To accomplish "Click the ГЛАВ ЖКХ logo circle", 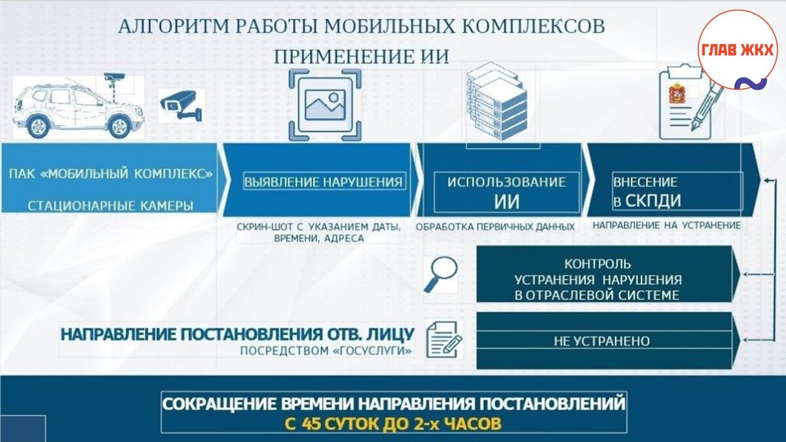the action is pos(737,50).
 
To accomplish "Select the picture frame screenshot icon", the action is pos(325,105).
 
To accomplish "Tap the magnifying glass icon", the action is pos(440,274).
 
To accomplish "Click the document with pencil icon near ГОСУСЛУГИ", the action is pos(444,339).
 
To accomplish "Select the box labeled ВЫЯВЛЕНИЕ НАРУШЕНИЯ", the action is pos(324,181).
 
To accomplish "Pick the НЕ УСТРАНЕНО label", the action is pos(602,341).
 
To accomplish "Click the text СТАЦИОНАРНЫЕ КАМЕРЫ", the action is pos(110,206).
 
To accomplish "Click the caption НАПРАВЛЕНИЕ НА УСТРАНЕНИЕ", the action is pos(666,225).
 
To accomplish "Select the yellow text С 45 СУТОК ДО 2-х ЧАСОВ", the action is pos(393,422).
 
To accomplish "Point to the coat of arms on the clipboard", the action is pos(676,94).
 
